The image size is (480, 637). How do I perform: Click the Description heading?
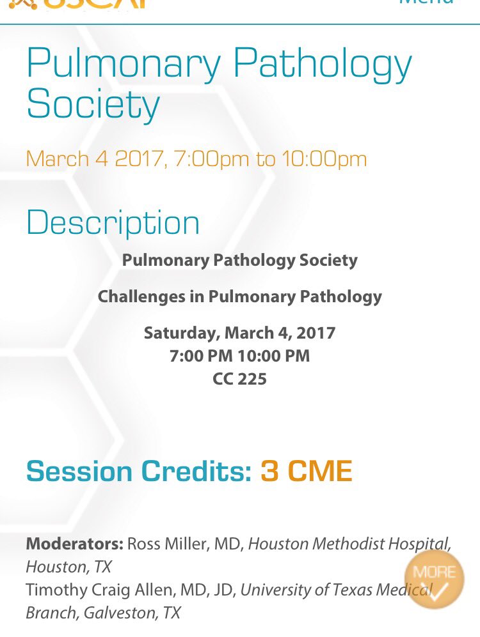pyautogui.click(x=113, y=222)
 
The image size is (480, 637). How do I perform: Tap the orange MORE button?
pyautogui.click(x=435, y=579)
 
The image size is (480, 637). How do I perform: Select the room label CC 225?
pyautogui.click(x=239, y=379)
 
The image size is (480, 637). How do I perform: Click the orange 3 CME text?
pyautogui.click(x=306, y=472)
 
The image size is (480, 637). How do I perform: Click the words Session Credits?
pyautogui.click(x=138, y=472)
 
